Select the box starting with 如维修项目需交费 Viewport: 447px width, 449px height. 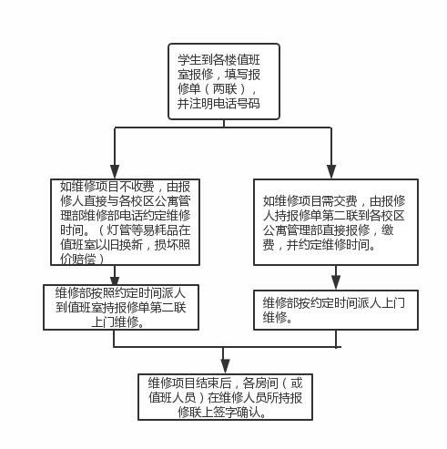334,222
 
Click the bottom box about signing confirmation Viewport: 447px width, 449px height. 223,396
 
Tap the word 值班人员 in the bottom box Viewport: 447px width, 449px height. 171,397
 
